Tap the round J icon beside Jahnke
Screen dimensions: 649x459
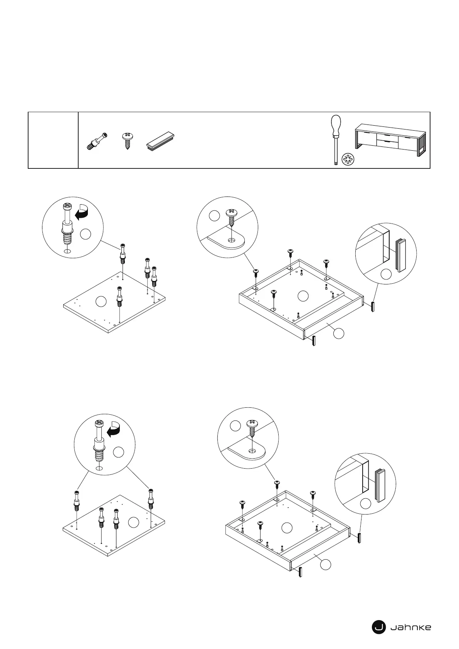pos(378,627)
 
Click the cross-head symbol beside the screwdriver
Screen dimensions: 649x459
pos(348,160)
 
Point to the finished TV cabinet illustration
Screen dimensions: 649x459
pos(390,140)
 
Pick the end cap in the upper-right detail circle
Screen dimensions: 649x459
pos(401,255)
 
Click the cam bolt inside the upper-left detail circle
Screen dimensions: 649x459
pos(67,225)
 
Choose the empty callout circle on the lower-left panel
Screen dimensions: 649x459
pos(133,522)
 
